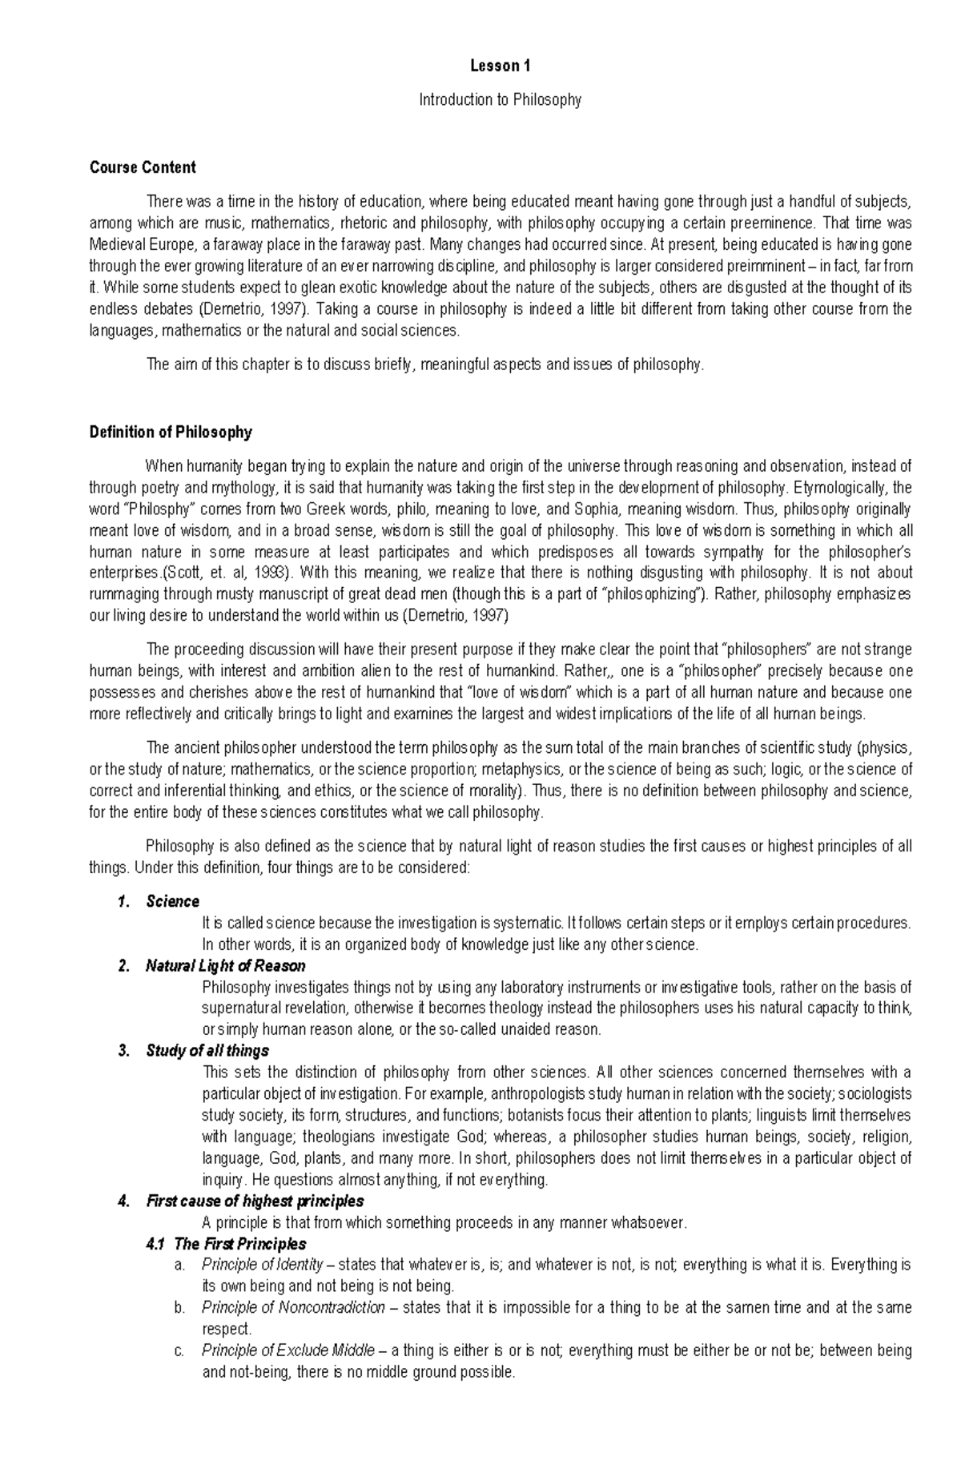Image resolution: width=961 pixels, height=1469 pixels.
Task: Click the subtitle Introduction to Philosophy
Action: (501, 100)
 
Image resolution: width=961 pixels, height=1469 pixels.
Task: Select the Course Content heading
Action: (143, 167)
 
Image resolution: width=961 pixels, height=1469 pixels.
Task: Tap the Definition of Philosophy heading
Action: (171, 433)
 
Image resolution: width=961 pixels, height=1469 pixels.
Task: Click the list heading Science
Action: (172, 902)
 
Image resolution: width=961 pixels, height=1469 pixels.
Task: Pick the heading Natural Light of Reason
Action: (225, 966)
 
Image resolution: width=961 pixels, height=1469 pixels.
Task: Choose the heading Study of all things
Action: (207, 1051)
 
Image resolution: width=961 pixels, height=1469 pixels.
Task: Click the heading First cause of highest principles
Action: (255, 1201)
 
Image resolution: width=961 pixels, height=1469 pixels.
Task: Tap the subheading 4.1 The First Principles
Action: (226, 1244)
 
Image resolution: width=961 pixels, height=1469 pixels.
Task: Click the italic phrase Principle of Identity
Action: (262, 1266)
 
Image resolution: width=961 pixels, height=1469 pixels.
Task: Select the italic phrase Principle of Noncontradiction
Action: (293, 1308)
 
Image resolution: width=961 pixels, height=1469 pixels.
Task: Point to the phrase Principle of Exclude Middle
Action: (287, 1350)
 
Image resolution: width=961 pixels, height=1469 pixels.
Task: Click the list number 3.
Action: (123, 1051)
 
